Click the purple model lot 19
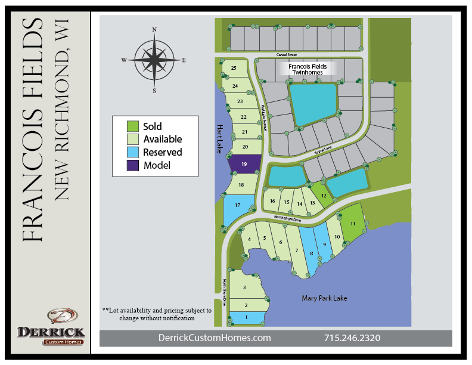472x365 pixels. pyautogui.click(x=244, y=164)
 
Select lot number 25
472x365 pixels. pyautogui.click(x=234, y=69)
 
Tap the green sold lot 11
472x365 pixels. pyautogui.click(x=353, y=223)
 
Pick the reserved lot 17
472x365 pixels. pyautogui.click(x=237, y=206)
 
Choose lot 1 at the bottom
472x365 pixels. pyautogui.click(x=246, y=318)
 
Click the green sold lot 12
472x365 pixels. pyautogui.click(x=323, y=195)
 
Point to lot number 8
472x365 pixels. pyautogui.click(x=311, y=253)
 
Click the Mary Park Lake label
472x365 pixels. pyautogui.click(x=324, y=298)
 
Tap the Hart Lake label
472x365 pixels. pyautogui.click(x=218, y=138)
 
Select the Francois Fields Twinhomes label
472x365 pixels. pyautogui.click(x=308, y=70)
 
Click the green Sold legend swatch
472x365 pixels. pyautogui.click(x=133, y=126)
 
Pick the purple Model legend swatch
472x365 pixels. pyautogui.click(x=133, y=165)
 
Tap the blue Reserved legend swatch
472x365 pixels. pyautogui.click(x=133, y=152)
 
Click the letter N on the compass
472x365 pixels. pyautogui.click(x=154, y=29)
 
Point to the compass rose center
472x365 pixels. pyautogui.click(x=154, y=59)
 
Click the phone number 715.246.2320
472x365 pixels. pyautogui.click(x=352, y=338)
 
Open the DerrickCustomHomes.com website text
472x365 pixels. pyautogui.click(x=215, y=338)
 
